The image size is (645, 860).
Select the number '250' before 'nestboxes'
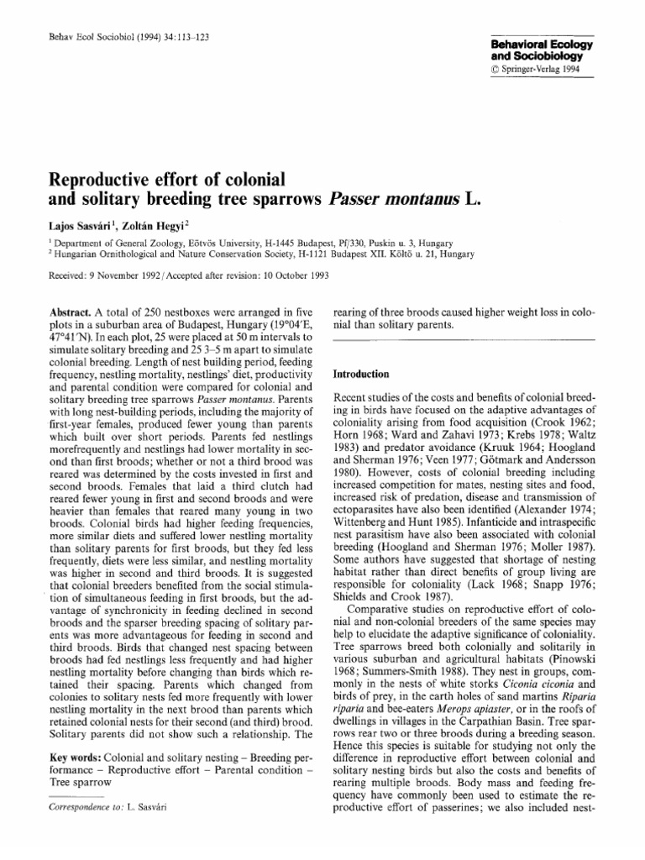click(149, 310)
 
